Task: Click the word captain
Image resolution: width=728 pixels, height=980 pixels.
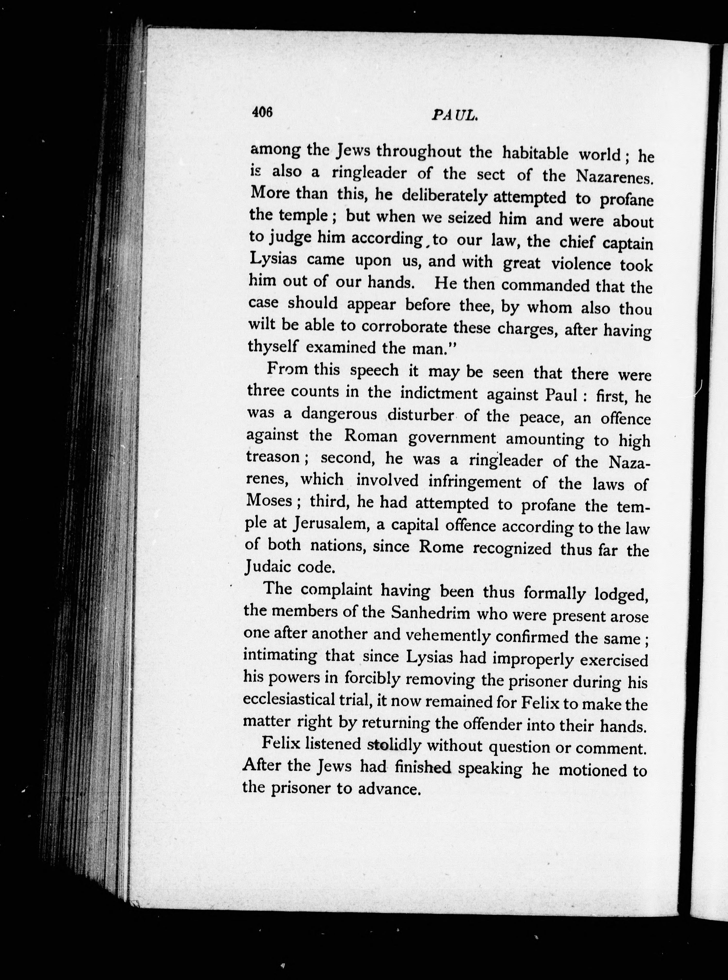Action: tap(627, 243)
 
